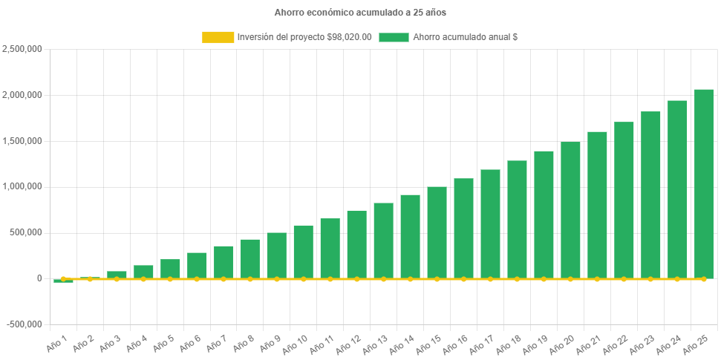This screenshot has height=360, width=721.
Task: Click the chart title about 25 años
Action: point(360,13)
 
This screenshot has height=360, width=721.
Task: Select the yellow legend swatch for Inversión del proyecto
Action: point(218,37)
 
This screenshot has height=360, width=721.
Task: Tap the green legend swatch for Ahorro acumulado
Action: point(394,37)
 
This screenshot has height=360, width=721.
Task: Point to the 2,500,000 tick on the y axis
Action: point(22,49)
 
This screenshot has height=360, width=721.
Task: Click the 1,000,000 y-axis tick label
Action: point(22,186)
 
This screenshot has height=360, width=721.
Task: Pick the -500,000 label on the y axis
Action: point(24,324)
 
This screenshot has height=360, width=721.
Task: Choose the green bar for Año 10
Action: point(303,252)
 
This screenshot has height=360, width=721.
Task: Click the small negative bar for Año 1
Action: point(63,281)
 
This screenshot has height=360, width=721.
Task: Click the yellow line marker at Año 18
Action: point(517,279)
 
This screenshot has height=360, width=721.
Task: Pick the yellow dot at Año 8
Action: point(250,279)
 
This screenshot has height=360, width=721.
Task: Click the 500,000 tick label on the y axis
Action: point(27,232)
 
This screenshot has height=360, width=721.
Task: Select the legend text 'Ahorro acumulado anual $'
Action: point(465,37)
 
